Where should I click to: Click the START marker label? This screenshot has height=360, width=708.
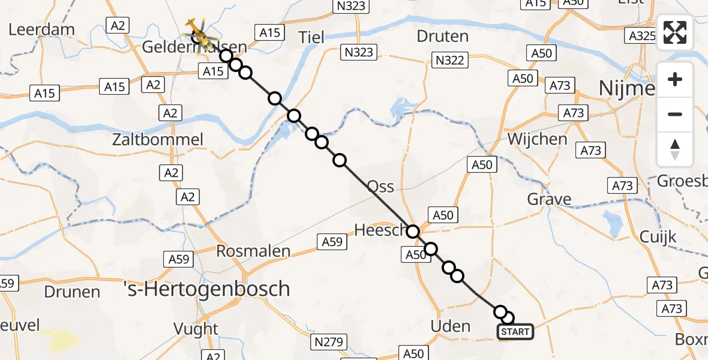coord(515,332)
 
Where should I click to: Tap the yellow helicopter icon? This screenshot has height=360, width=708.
coord(198,33)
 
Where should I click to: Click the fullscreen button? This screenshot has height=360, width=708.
coord(675,32)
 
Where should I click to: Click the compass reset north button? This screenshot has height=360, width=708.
coord(675,149)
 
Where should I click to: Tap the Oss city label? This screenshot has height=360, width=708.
coord(380,187)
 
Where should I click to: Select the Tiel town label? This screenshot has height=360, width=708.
coord(311,37)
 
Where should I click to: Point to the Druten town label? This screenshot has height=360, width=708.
coord(442,37)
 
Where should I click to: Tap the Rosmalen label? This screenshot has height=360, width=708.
coord(253,251)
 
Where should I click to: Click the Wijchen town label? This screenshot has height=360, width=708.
coord(537,139)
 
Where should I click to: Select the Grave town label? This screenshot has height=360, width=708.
coord(549,199)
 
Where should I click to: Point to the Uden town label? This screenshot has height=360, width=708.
coord(451,326)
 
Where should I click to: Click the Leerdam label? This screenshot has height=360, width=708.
coord(41,29)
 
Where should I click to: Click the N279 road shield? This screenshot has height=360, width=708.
coord(328,342)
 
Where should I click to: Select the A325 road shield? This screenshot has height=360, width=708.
coord(640,36)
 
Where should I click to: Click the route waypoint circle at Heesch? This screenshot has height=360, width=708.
coord(413,232)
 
